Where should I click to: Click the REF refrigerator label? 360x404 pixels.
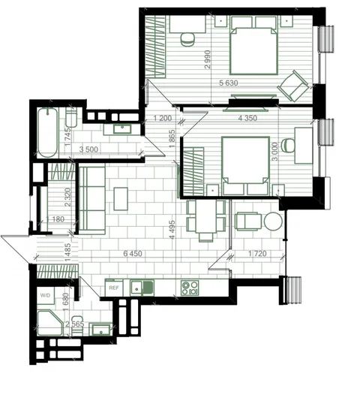[x=114, y=288]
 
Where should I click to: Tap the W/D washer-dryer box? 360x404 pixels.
[x=45, y=296]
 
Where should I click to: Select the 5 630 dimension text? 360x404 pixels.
[x=229, y=83]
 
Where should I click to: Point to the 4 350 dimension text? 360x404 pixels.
[x=247, y=118]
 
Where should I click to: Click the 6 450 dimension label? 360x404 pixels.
[x=133, y=254]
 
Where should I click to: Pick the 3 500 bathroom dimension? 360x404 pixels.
[x=88, y=149]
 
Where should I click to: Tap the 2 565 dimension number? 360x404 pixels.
[x=74, y=324]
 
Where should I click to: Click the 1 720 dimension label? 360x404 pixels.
[x=257, y=254]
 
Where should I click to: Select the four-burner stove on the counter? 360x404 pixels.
[x=190, y=288]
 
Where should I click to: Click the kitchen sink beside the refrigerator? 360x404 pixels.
[x=142, y=288]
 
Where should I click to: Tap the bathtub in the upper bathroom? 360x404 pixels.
[x=47, y=133]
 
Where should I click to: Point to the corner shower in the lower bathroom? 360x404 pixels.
[x=50, y=323]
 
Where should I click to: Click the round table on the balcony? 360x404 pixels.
[x=273, y=221]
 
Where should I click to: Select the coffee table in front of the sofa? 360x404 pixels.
[x=121, y=199]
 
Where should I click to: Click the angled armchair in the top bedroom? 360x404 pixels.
[x=293, y=86]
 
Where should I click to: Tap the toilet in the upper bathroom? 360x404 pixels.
[x=71, y=117]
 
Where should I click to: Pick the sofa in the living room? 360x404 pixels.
[x=91, y=200]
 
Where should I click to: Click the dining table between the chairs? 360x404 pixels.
[x=205, y=216]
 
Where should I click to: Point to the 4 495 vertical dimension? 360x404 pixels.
[x=172, y=229]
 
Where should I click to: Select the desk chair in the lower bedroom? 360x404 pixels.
[x=288, y=146]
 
